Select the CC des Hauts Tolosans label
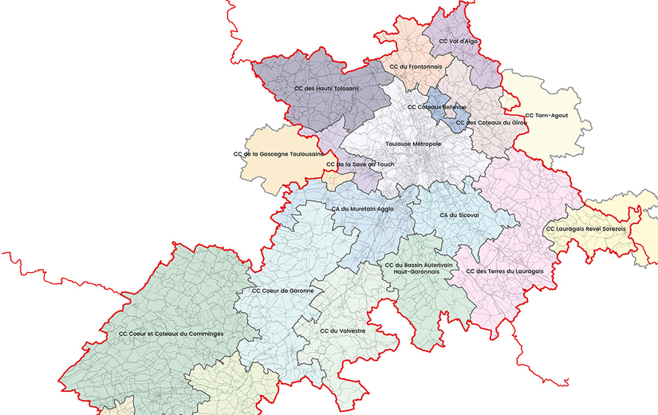tap(327, 88)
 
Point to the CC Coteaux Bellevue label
tap(437, 106)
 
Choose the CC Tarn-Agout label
tap(547, 116)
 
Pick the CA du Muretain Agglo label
tap(362, 209)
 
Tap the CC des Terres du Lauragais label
tap(504, 271)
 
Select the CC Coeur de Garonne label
tap(282, 290)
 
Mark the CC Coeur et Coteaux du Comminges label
tap(171, 333)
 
